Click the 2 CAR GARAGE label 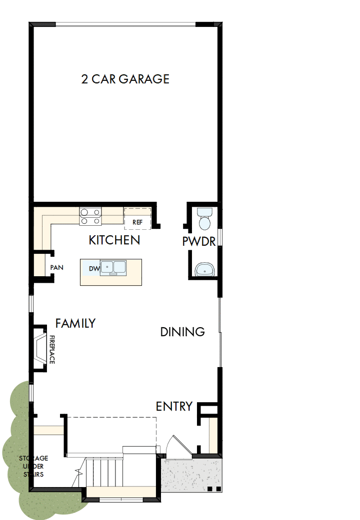click(x=125, y=79)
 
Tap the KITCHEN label click(x=114, y=240)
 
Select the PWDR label click(x=198, y=242)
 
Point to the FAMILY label click(x=75, y=323)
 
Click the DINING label click(x=182, y=332)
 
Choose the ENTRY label click(x=174, y=407)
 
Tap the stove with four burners click(x=90, y=216)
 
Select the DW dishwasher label click(x=94, y=269)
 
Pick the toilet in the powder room click(x=205, y=218)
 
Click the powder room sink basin click(x=205, y=270)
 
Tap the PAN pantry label click(x=56, y=267)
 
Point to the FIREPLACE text click(x=51, y=350)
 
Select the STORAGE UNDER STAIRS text click(x=33, y=466)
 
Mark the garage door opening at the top click(x=125, y=24)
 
